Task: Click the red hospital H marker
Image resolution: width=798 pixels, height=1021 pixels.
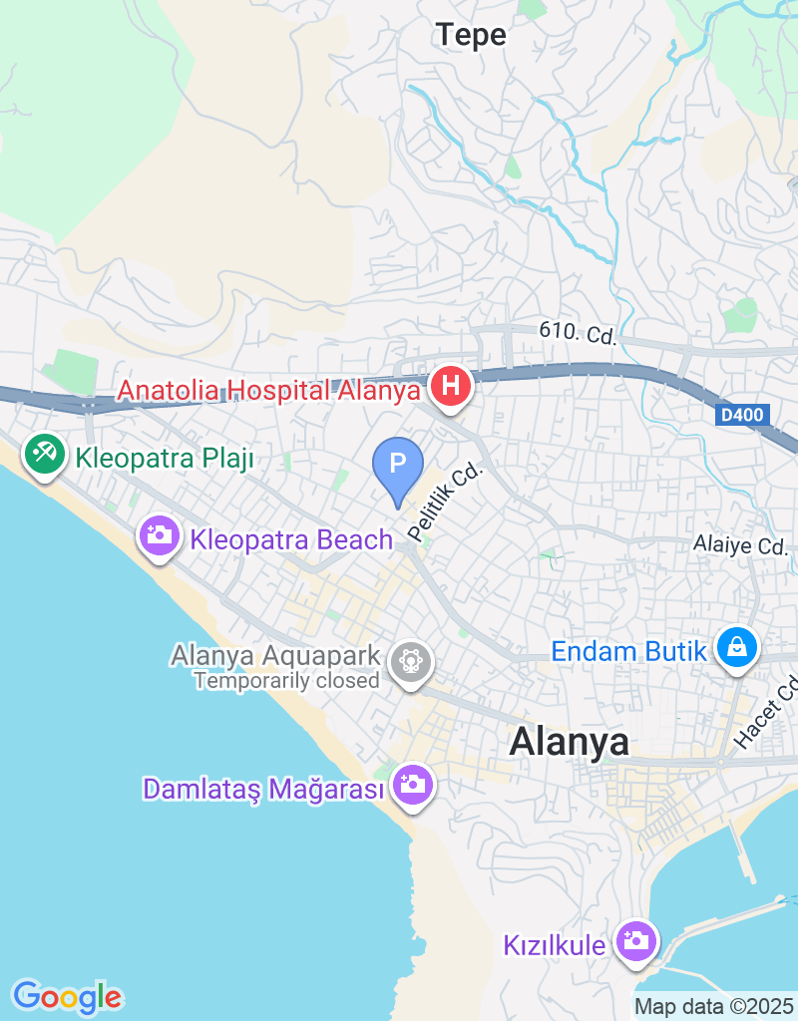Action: (450, 385)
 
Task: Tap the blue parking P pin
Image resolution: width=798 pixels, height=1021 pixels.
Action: (398, 465)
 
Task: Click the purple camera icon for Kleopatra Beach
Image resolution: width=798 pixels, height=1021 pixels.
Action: (159, 536)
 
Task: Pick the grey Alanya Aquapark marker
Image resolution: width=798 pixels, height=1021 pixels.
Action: (410, 660)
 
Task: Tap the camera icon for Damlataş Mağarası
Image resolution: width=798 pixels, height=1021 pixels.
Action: (411, 785)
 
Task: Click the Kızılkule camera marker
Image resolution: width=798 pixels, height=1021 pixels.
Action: (633, 939)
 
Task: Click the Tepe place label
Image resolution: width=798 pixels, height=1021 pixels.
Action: (471, 36)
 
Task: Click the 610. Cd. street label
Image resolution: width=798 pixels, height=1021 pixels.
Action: (578, 332)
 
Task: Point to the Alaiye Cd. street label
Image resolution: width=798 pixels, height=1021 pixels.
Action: (741, 545)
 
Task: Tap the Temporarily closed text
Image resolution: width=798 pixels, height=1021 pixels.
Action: (287, 681)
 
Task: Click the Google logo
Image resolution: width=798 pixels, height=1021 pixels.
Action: (67, 996)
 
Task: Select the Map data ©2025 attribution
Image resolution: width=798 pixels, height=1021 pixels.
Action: (713, 1007)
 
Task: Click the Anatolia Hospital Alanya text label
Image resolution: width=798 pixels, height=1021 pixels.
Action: (268, 390)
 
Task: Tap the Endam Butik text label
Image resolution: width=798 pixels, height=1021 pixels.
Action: (628, 653)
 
